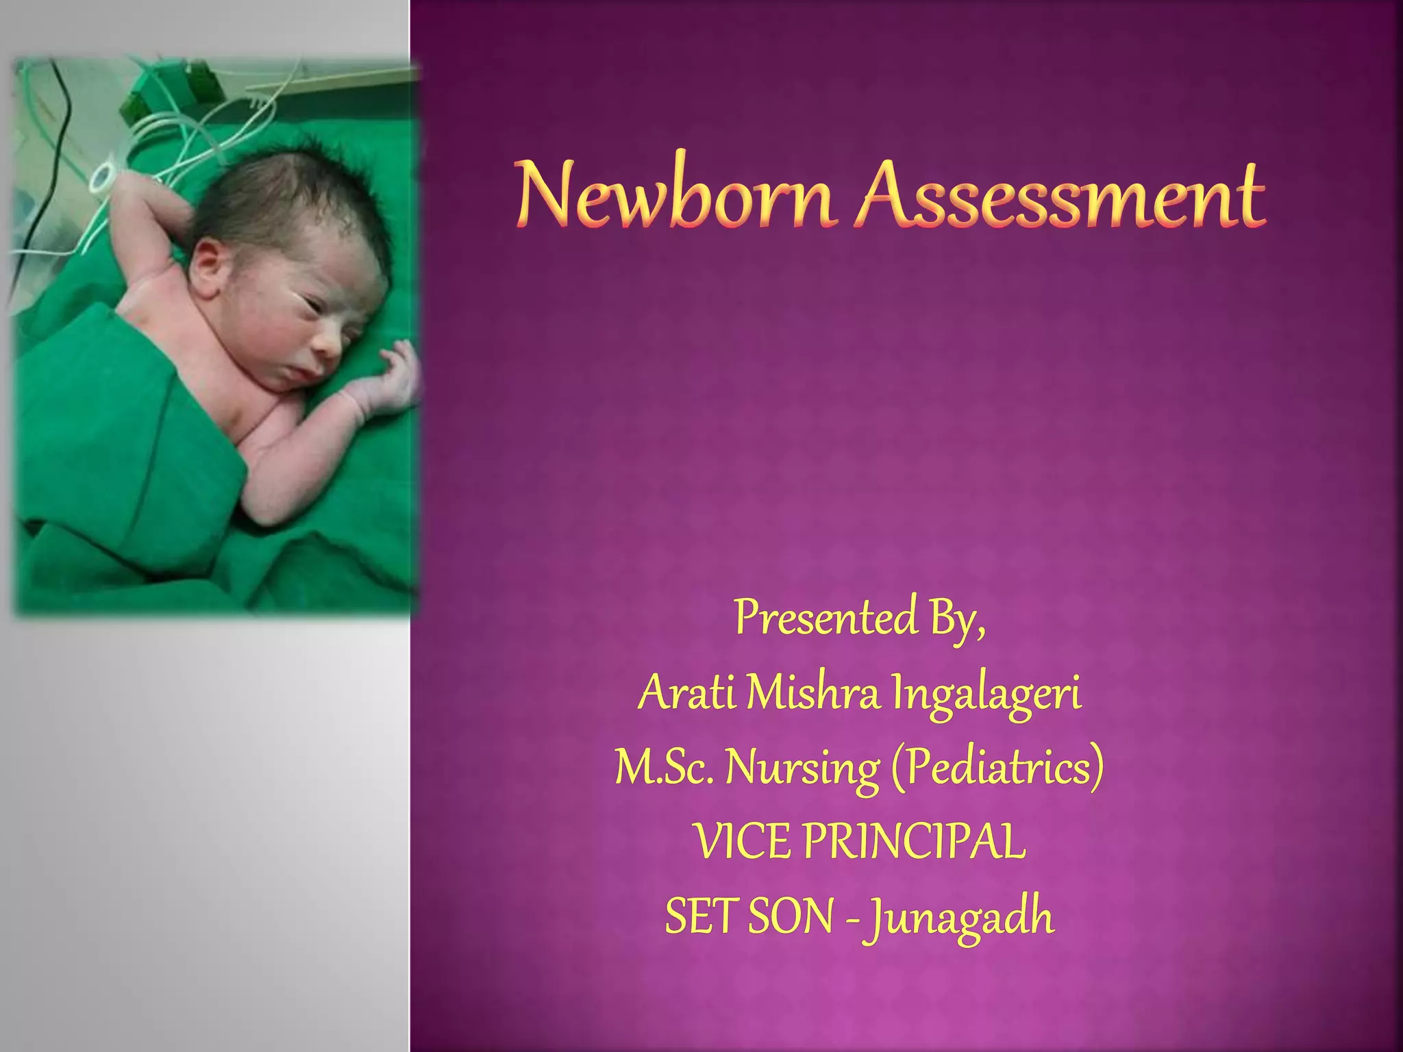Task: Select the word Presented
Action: tap(825, 618)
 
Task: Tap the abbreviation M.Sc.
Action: tap(665, 768)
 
